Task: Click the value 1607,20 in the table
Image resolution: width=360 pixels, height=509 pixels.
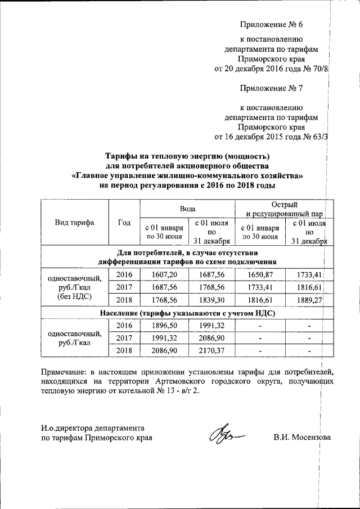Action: click(165, 274)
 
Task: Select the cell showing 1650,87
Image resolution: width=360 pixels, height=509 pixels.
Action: click(260, 274)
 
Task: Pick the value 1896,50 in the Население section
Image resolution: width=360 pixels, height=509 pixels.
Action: click(165, 326)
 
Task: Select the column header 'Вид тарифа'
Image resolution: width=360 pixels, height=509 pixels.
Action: click(74, 222)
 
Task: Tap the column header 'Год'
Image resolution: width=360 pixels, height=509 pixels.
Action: click(124, 222)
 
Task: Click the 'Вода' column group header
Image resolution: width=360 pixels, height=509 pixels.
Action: click(188, 209)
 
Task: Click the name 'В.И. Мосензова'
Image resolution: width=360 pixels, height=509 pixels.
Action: click(301, 438)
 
